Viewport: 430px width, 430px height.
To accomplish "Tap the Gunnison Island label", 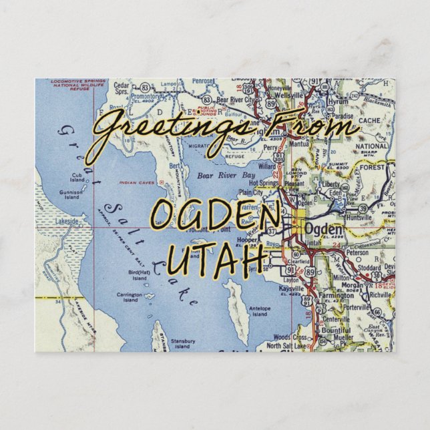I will [69, 194].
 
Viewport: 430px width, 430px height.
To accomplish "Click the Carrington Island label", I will [130, 296].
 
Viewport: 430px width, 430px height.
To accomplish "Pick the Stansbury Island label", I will [182, 343].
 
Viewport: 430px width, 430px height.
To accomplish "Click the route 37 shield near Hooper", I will [271, 232].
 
